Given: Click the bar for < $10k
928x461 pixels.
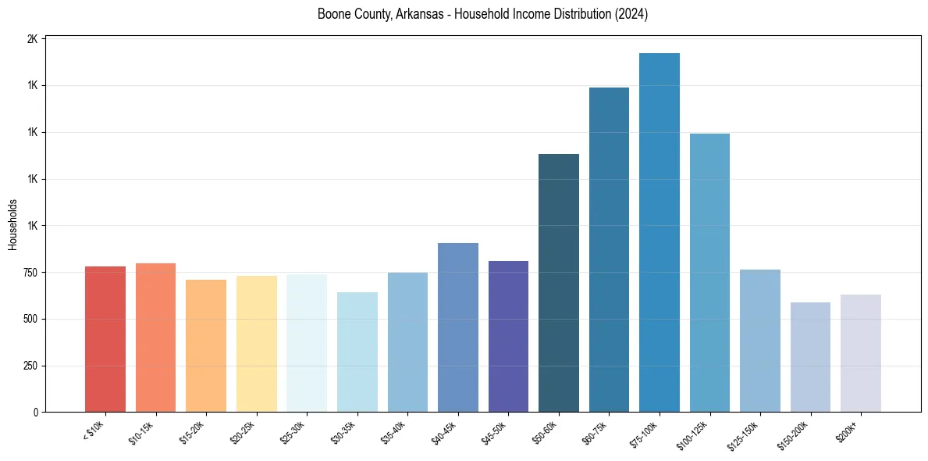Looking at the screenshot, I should pyautogui.click(x=105, y=339).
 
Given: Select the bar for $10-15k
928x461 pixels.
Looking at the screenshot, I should pyautogui.click(x=155, y=338).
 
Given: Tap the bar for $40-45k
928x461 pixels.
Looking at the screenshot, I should pyautogui.click(x=458, y=327).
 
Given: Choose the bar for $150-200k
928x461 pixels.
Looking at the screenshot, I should pyautogui.click(x=810, y=357).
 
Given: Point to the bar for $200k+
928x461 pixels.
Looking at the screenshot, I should pyautogui.click(x=861, y=353).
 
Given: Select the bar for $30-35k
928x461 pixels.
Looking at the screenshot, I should pyautogui.click(x=357, y=352).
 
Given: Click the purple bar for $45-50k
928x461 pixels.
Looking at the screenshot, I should pyautogui.click(x=508, y=337).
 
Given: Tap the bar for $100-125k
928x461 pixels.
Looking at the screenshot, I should pyautogui.click(x=709, y=273).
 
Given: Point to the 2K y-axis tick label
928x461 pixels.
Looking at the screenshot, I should pyautogui.click(x=32, y=39).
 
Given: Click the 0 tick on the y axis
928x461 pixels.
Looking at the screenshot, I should pyautogui.click(x=35, y=413).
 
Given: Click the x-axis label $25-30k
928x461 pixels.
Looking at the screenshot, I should pyautogui.click(x=293, y=432).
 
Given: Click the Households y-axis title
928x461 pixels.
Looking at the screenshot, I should pyautogui.click(x=12, y=224).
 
